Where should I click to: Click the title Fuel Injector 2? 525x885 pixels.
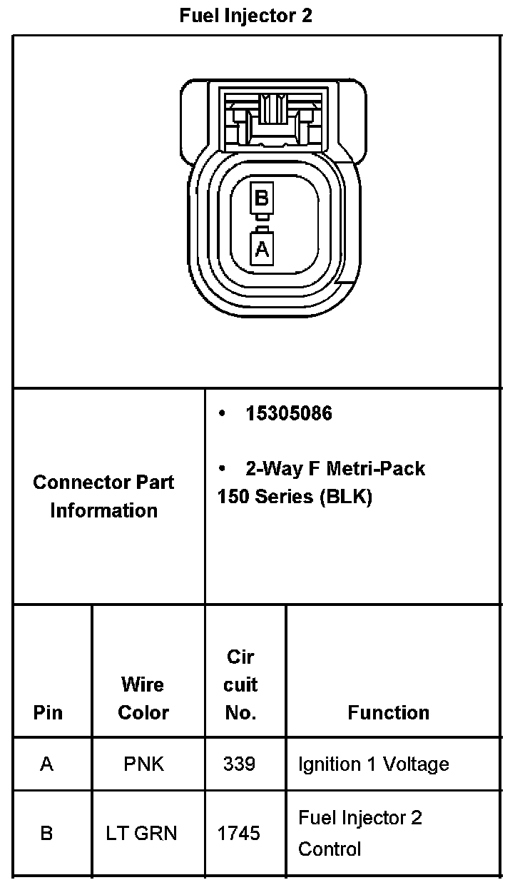point(246,16)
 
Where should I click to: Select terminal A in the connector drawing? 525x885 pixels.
point(262,249)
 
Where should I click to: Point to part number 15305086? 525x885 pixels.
point(288,413)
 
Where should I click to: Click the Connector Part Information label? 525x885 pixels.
point(104,496)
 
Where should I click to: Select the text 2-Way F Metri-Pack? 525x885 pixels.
point(335,468)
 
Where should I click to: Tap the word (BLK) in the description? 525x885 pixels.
point(346,497)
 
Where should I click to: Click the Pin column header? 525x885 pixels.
point(48,712)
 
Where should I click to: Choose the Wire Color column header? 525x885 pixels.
point(143,698)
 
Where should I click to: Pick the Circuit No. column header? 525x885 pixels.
point(240,684)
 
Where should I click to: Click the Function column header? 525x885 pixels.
point(389,712)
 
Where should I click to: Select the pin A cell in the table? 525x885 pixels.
point(47,764)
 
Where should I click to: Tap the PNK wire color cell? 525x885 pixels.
point(143,764)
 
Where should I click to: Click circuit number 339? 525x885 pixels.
point(239,764)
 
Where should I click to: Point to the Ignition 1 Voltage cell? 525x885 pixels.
point(373,764)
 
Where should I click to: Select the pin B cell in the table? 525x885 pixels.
point(47,833)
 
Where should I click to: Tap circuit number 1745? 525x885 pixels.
point(239,833)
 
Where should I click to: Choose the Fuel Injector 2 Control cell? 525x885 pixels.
point(360,833)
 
